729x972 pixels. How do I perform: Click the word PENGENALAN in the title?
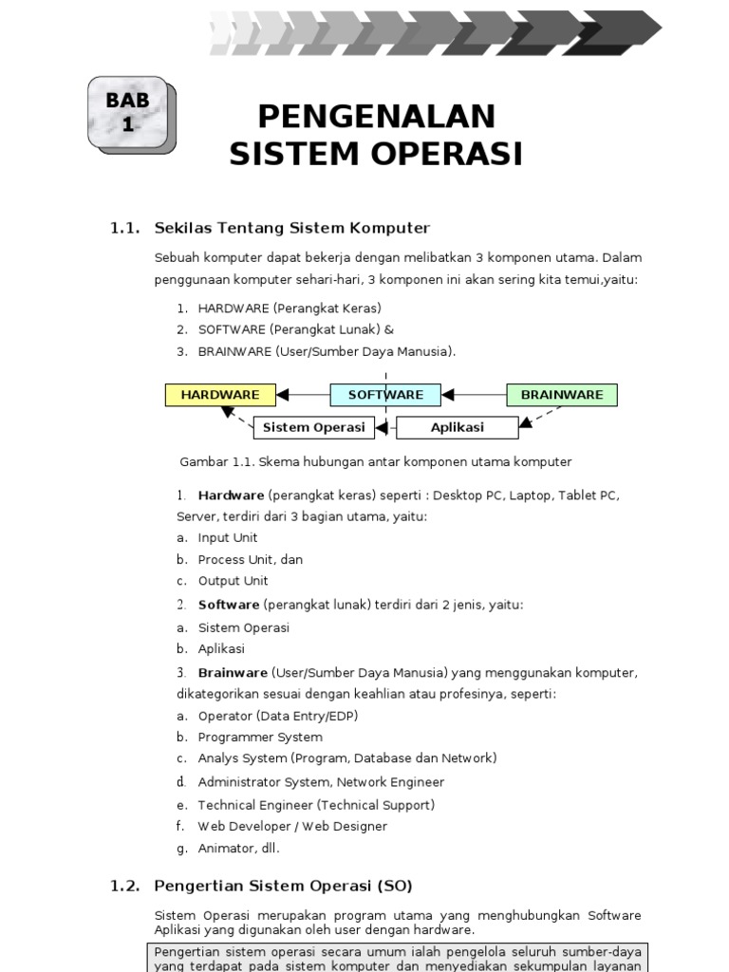pyautogui.click(x=376, y=116)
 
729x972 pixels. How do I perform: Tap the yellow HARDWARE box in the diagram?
pyautogui.click(x=220, y=395)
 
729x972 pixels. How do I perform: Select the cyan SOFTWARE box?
pyautogui.click(x=385, y=395)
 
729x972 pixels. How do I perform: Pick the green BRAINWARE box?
pyautogui.click(x=562, y=395)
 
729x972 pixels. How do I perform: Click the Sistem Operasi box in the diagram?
pyautogui.click(x=313, y=427)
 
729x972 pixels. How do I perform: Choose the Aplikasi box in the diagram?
pyautogui.click(x=458, y=427)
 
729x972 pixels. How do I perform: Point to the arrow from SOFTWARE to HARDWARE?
pyautogui.click(x=303, y=395)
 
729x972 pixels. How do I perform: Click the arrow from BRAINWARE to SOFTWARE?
pyautogui.click(x=475, y=395)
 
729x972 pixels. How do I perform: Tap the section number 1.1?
pyautogui.click(x=125, y=228)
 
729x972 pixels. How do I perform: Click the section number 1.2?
pyautogui.click(x=125, y=886)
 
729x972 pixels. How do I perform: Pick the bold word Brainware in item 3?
pyautogui.click(x=233, y=673)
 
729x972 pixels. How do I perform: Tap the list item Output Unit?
pyautogui.click(x=233, y=581)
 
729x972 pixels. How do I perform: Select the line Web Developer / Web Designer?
pyautogui.click(x=292, y=827)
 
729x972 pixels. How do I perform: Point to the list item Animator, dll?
pyautogui.click(x=238, y=849)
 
